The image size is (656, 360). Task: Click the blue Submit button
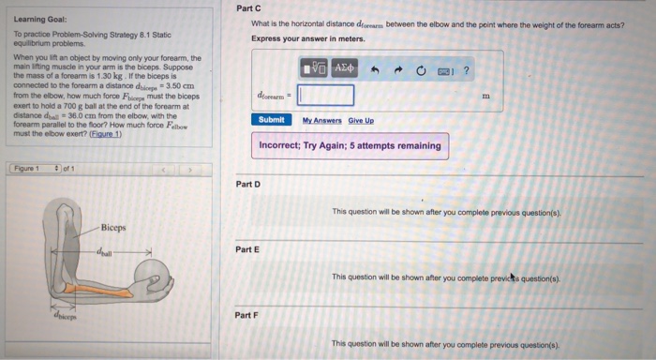(271, 119)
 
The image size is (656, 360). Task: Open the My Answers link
(321, 120)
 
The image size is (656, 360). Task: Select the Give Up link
(362, 120)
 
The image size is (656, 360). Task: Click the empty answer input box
(326, 95)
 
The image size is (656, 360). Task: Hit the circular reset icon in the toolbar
(422, 68)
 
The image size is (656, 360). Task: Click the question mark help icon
(466, 68)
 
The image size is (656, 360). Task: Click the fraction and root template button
(313, 68)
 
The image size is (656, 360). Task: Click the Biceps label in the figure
(113, 228)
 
